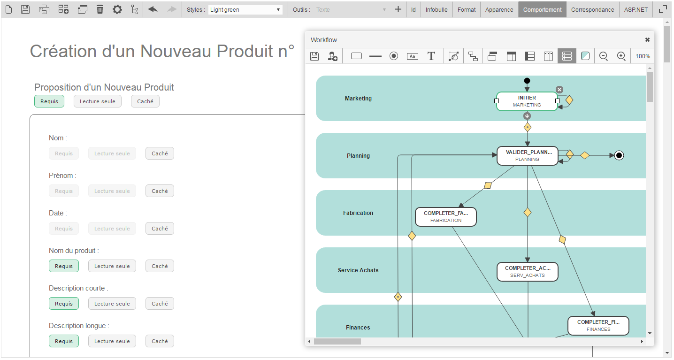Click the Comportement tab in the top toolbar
[542, 9]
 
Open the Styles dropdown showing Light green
[245, 9]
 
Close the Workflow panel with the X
[647, 40]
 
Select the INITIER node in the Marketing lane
[527, 101]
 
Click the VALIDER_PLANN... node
[528, 155]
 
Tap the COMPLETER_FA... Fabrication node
[446, 216]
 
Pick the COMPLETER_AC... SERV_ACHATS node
[528, 271]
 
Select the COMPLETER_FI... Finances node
[598, 325]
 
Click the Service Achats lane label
[358, 270]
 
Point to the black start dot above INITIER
[527, 81]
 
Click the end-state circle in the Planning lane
[619, 155]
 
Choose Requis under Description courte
[64, 304]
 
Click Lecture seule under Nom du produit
[112, 266]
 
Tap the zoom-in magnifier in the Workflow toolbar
[621, 56]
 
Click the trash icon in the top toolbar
[100, 9]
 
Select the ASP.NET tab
[636, 9]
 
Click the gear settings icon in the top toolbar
[117, 9]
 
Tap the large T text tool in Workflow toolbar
[431, 56]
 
